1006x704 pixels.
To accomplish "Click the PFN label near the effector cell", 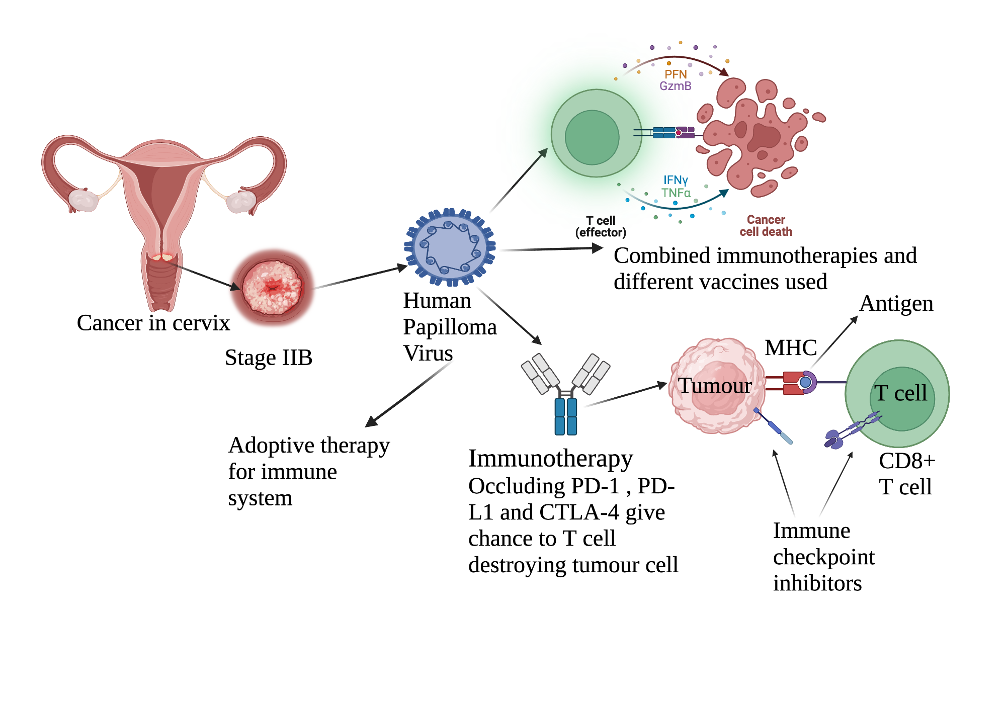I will click(675, 74).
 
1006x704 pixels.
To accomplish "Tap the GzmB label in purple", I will click(675, 86).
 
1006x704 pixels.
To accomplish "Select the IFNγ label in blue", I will click(675, 180).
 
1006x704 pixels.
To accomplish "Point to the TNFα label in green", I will click(676, 193).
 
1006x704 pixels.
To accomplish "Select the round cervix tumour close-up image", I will click(272, 288).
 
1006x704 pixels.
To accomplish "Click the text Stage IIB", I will click(269, 358).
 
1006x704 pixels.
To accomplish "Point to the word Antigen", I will click(896, 303).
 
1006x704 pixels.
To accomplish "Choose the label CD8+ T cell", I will click(906, 474).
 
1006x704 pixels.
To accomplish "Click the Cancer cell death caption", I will click(766, 226).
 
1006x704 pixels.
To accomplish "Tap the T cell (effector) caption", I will click(601, 226).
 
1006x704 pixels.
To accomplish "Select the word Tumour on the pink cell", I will click(714, 386).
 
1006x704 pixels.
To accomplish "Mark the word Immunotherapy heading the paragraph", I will click(550, 458).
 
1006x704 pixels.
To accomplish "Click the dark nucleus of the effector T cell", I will click(592, 137).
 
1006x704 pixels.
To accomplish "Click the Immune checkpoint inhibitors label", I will click(823, 557).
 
